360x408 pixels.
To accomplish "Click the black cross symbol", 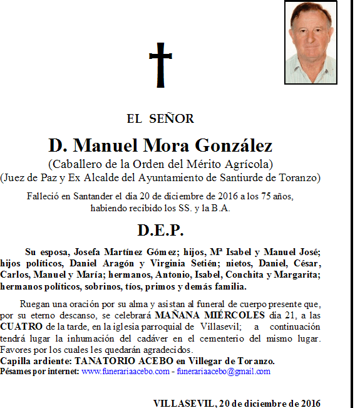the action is tap(161, 65).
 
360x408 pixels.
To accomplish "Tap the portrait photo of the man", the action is tap(311, 43).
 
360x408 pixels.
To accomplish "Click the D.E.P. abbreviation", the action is tap(160, 230).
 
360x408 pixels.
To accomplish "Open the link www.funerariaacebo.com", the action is tap(125, 372).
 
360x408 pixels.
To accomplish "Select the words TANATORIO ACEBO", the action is tap(115, 362).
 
